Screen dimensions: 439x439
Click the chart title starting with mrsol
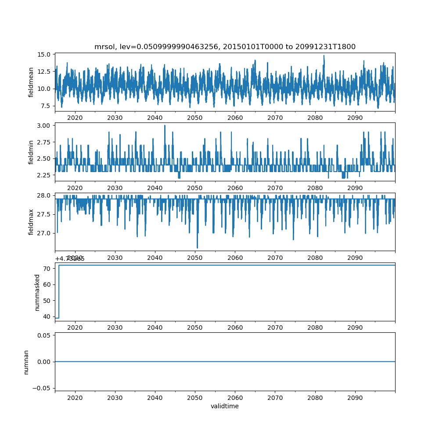click(x=225, y=47)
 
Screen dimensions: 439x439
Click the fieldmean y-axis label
click(x=31, y=83)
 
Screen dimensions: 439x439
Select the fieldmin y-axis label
click(x=31, y=152)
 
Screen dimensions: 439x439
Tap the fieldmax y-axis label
click(x=31, y=221)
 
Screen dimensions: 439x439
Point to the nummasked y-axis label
click(x=37, y=292)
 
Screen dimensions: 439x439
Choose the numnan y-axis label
click(x=26, y=362)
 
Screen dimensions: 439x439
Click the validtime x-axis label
click(x=225, y=407)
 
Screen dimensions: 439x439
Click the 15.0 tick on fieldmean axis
click(x=45, y=54)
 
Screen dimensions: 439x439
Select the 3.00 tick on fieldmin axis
click(x=45, y=125)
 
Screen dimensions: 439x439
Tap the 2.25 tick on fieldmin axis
click(x=45, y=175)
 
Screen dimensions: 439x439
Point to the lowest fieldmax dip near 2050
click(x=197, y=248)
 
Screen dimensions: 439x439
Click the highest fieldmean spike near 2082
click(x=324, y=55)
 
